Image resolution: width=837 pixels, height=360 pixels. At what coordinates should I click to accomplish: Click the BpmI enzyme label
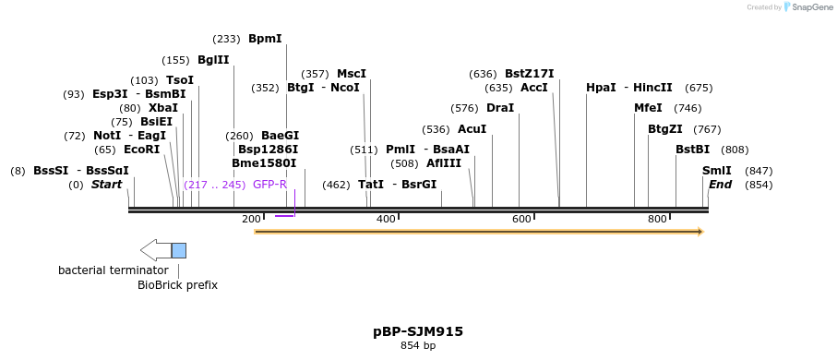pyautogui.click(x=265, y=39)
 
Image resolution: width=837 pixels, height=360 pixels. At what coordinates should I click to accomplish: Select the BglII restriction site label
pyautogui.click(x=213, y=60)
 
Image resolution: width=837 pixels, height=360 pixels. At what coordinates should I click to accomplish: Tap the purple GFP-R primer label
pyautogui.click(x=269, y=185)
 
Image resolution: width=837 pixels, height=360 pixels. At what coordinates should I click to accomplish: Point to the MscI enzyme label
pyautogui.click(x=351, y=74)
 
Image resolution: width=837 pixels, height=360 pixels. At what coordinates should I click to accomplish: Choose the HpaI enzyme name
pyautogui.click(x=601, y=88)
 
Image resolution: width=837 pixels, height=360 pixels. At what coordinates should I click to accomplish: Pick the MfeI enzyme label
pyautogui.click(x=648, y=108)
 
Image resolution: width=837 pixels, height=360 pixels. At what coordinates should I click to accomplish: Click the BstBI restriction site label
pyautogui.click(x=692, y=150)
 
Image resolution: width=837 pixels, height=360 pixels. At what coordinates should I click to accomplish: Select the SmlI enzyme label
pyautogui.click(x=716, y=171)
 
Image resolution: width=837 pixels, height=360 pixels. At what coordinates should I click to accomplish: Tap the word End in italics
pyautogui.click(x=720, y=185)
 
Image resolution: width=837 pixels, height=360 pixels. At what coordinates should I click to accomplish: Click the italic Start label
pyautogui.click(x=106, y=185)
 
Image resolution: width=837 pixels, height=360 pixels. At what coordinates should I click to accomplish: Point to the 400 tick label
pyautogui.click(x=386, y=219)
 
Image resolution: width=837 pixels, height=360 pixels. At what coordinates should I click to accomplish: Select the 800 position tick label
pyautogui.click(x=657, y=219)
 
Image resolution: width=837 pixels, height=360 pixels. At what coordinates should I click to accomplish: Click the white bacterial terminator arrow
pyautogui.click(x=155, y=250)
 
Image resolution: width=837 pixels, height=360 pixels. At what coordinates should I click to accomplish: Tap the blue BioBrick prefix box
pyautogui.click(x=179, y=250)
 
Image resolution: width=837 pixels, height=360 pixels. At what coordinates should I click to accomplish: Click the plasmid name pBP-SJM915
pyautogui.click(x=418, y=330)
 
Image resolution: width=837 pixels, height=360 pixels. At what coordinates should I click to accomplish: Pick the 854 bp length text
pyautogui.click(x=418, y=346)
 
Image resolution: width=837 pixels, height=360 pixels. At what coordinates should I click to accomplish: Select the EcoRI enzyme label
pyautogui.click(x=141, y=150)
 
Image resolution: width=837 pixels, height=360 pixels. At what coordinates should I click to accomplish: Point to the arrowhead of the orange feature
pyautogui.click(x=700, y=232)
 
